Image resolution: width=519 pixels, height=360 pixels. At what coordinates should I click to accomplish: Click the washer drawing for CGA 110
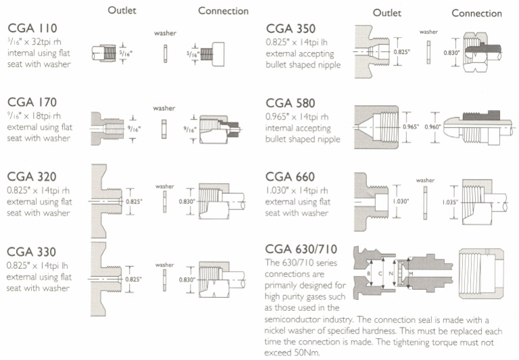point(164,52)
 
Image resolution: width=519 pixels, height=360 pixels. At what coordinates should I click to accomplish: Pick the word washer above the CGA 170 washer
point(164,108)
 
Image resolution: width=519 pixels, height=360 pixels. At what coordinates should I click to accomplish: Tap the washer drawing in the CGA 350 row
point(428,52)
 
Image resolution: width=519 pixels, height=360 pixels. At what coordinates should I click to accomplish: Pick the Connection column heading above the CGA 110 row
point(223,11)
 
